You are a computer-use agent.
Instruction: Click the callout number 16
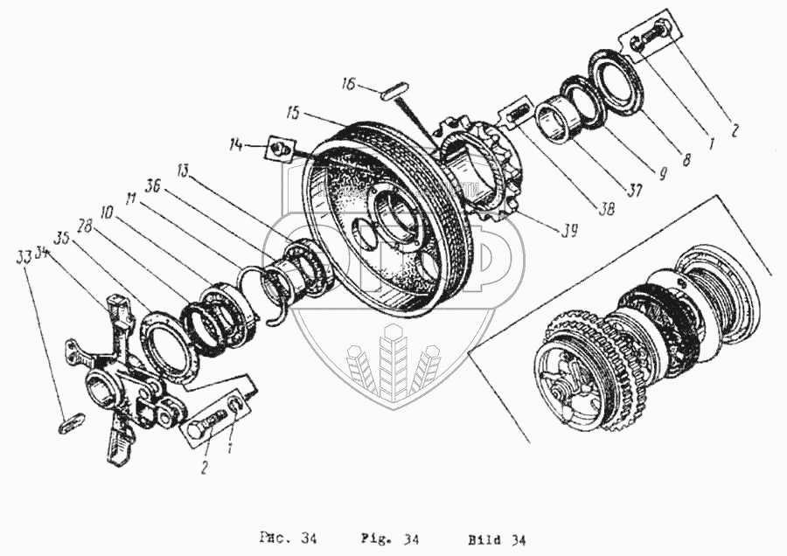(346, 85)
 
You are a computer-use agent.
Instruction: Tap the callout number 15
(292, 113)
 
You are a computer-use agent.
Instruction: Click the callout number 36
(152, 186)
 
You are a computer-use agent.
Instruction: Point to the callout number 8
(686, 160)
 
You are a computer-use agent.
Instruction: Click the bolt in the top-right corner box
(649, 39)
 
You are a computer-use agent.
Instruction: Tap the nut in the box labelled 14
(279, 149)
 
